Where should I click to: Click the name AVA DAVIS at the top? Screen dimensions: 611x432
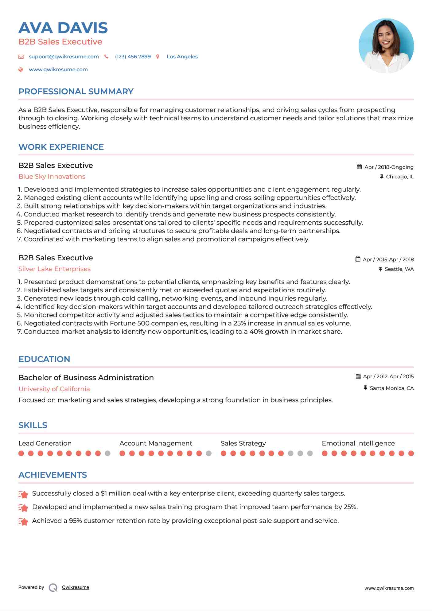(x=63, y=28)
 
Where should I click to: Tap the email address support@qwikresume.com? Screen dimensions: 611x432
(x=64, y=56)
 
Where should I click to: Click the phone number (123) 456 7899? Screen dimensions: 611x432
(x=133, y=56)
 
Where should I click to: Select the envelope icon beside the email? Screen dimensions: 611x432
(x=21, y=56)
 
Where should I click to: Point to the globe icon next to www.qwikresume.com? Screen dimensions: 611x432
(x=21, y=69)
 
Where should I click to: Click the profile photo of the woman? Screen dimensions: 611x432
(x=386, y=46)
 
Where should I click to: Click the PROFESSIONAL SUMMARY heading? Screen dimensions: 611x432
(x=76, y=91)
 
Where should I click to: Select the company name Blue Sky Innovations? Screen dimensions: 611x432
(x=52, y=177)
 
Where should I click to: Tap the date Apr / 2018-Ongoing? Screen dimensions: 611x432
(x=389, y=167)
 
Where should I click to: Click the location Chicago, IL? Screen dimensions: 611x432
(x=400, y=177)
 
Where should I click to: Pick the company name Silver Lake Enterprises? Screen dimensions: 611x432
(x=54, y=269)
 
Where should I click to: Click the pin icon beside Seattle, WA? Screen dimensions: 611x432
(x=380, y=269)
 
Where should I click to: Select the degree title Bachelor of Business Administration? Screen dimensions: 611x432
(x=86, y=378)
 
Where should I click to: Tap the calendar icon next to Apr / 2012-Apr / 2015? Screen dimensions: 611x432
(x=358, y=376)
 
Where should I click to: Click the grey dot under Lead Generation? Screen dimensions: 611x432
(x=107, y=453)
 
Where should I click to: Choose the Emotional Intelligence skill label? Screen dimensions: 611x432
(x=358, y=443)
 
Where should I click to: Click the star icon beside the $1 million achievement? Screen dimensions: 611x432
(x=23, y=494)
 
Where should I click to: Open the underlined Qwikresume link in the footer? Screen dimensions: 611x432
(x=76, y=587)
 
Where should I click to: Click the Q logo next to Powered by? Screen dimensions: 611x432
(x=53, y=588)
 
